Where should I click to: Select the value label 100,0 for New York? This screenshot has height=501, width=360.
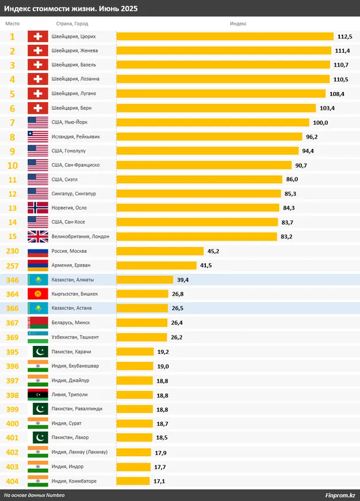tap(320, 122)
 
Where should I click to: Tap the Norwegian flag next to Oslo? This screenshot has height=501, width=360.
tap(37, 208)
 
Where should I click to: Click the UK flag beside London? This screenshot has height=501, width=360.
tap(37, 237)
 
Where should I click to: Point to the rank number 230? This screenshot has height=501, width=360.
tap(13, 251)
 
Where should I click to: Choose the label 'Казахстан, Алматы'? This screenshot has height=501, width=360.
tap(72, 280)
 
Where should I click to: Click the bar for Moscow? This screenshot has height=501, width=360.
tap(160, 251)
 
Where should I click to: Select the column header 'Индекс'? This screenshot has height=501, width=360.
tap(238, 24)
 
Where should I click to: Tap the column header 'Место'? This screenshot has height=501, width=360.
tap(12, 24)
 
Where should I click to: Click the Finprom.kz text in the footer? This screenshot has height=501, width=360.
tap(339, 495)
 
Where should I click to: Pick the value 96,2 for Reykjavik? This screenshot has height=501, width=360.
tap(312, 137)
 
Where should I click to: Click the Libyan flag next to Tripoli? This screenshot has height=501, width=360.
tap(37, 395)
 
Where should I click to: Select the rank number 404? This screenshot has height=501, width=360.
tap(13, 481)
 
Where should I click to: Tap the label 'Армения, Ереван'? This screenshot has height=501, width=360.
tap(71, 265)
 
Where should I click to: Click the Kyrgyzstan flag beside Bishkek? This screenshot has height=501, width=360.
tap(37, 294)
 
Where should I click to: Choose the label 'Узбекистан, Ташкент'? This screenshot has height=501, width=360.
tap(75, 337)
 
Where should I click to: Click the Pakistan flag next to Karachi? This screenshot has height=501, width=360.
tap(37, 352)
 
